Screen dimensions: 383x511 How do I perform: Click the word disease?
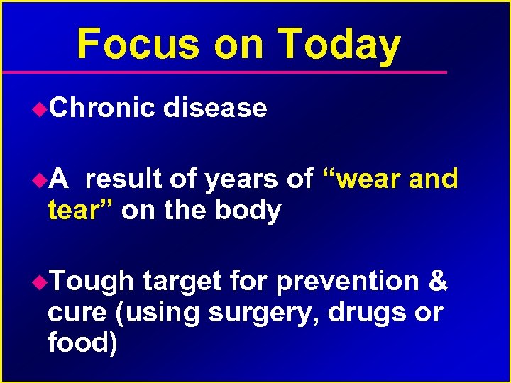[x=215, y=108]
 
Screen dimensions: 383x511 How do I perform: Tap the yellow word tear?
[x=76, y=211]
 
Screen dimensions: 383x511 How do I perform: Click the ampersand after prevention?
[x=439, y=282]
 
